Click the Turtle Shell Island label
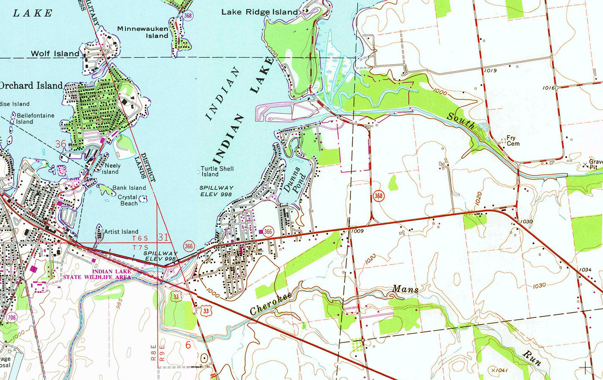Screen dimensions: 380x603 click(x=217, y=171)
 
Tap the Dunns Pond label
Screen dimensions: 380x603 click(x=295, y=180)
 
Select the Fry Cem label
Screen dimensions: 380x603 click(x=513, y=141)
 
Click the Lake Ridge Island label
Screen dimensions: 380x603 click(x=260, y=12)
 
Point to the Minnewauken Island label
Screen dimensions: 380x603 click(x=143, y=33)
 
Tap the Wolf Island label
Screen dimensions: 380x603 click(x=55, y=54)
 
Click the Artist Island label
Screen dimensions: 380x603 click(x=121, y=232)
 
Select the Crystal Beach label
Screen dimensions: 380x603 click(x=128, y=200)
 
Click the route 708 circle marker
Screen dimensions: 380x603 click(x=12, y=318)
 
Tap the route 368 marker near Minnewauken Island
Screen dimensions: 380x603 click(x=188, y=16)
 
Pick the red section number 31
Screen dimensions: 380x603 click(x=163, y=238)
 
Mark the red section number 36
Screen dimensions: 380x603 click(x=60, y=144)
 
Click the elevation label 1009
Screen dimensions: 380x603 click(x=357, y=231)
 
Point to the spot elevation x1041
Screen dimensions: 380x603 click(x=499, y=370)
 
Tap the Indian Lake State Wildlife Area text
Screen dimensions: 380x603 click(x=97, y=274)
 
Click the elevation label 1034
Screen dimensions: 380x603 click(x=585, y=269)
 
